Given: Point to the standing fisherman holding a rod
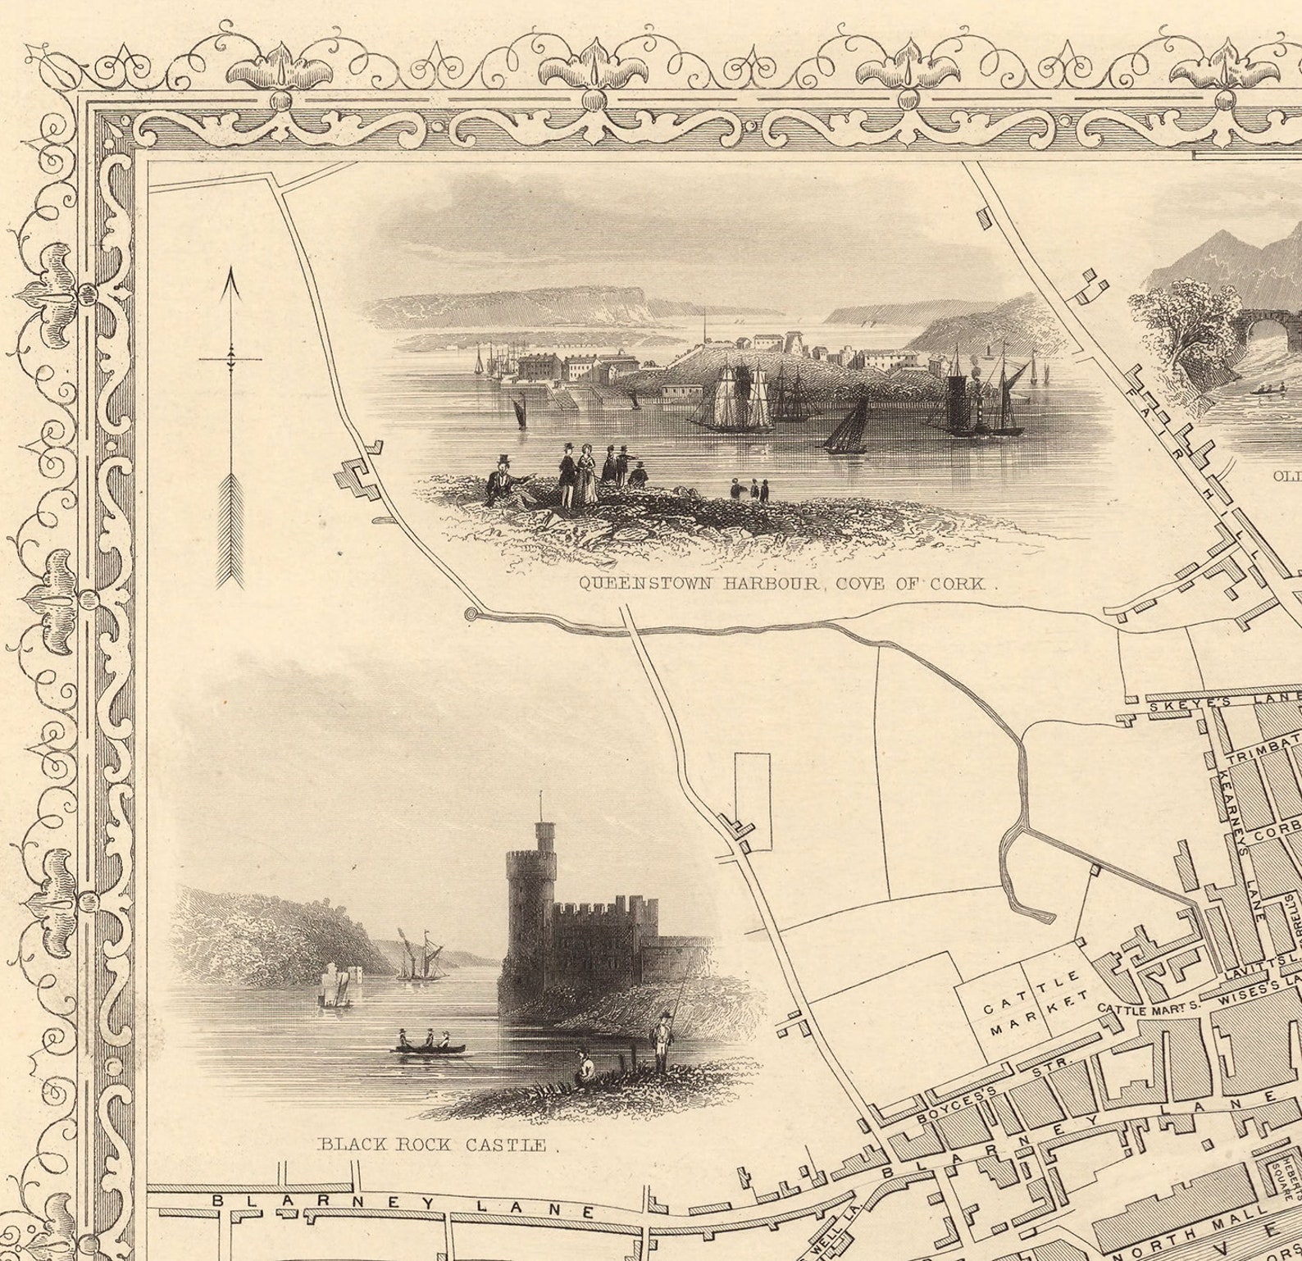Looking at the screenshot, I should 661,1041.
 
